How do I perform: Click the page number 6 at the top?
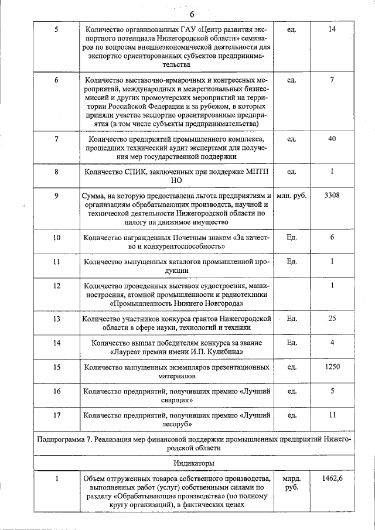coord(191,14)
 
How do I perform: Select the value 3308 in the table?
coord(332,195)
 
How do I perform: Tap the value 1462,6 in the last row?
coord(332,479)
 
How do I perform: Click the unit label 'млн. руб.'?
coord(292,195)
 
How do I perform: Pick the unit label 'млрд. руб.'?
coord(291,484)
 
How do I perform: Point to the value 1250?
coord(332,367)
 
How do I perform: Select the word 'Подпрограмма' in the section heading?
coord(63,439)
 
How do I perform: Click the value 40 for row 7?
coord(332,139)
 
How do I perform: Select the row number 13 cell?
coord(56,319)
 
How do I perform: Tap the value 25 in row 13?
coord(332,319)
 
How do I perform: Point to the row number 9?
coord(56,195)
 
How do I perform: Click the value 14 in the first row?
coord(332,29)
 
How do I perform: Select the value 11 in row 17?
coord(332,415)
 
